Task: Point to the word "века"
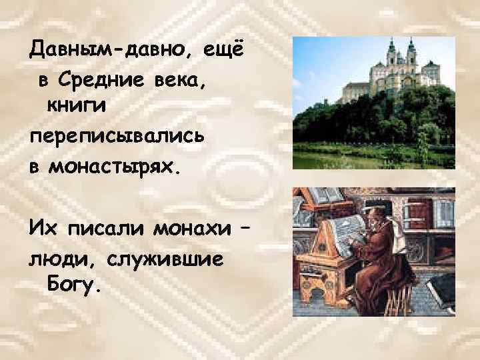pyautogui.click(x=187, y=80)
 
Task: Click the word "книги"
pyautogui.click(x=75, y=105)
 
